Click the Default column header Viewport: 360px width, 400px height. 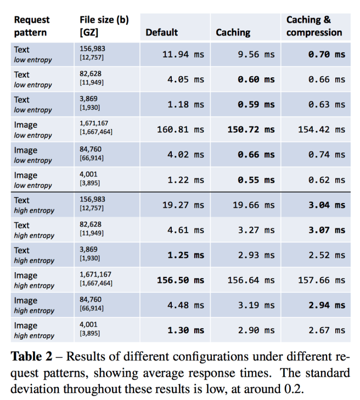(161, 32)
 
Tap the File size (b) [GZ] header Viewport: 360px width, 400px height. (104, 26)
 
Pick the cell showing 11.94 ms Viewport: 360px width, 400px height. (183, 54)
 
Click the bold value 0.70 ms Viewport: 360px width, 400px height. (327, 54)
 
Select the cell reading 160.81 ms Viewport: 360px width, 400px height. (181, 129)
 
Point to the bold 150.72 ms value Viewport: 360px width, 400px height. (251, 129)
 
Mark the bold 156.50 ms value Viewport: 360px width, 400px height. (181, 280)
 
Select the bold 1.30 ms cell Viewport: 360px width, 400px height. (185, 330)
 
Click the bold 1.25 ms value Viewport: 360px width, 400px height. (185, 255)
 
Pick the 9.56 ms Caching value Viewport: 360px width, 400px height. (256, 54)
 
